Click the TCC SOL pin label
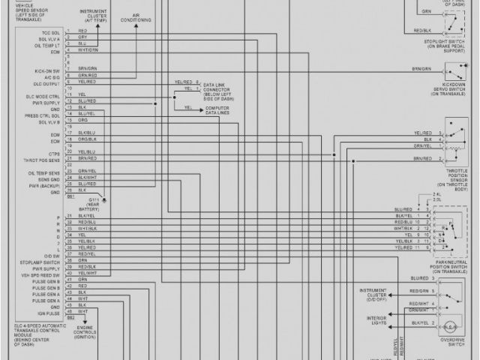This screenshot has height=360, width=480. pos(50,34)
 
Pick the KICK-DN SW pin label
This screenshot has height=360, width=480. pos(48,70)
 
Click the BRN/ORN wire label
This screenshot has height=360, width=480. pos(421,68)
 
